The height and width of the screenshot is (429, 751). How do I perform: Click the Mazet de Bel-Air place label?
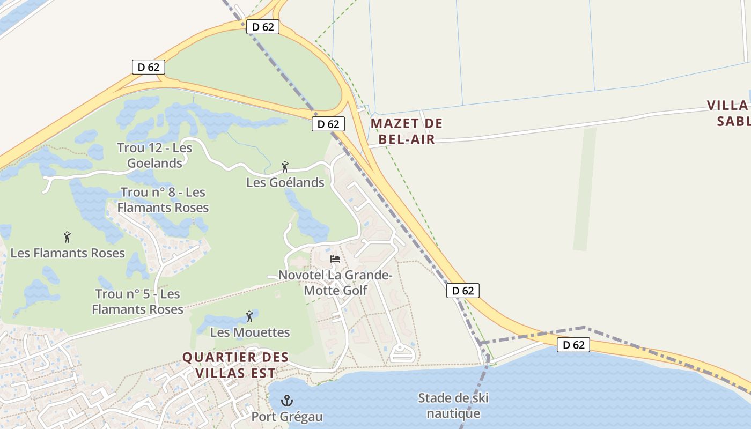(407, 131)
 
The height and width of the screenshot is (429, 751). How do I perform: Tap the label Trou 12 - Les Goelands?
(154, 156)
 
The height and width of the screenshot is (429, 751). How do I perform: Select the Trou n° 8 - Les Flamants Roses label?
(163, 199)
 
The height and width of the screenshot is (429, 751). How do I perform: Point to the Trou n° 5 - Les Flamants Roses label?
(137, 301)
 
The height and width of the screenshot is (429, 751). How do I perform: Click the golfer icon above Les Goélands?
(285, 167)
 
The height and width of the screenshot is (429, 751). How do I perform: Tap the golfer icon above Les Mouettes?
(249, 316)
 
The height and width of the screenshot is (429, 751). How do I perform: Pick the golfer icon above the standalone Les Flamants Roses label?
(67, 237)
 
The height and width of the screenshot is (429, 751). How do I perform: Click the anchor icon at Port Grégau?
(287, 400)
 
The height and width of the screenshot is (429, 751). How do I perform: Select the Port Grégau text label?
(287, 417)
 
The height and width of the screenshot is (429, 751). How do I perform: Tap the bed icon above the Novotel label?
(335, 259)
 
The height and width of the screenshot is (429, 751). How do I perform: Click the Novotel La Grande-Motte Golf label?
(335, 283)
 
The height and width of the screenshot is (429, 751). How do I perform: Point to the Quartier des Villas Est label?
(235, 365)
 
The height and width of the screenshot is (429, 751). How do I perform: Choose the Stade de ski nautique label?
(453, 406)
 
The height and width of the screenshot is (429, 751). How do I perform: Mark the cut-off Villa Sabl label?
(728, 113)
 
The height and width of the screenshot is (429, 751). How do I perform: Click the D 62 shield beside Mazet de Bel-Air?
(328, 124)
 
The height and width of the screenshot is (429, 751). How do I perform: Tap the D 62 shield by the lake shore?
(573, 345)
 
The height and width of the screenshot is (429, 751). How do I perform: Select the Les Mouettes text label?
(250, 332)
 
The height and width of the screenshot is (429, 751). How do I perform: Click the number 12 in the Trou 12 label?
(151, 147)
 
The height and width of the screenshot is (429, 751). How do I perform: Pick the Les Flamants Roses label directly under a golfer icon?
(68, 253)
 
